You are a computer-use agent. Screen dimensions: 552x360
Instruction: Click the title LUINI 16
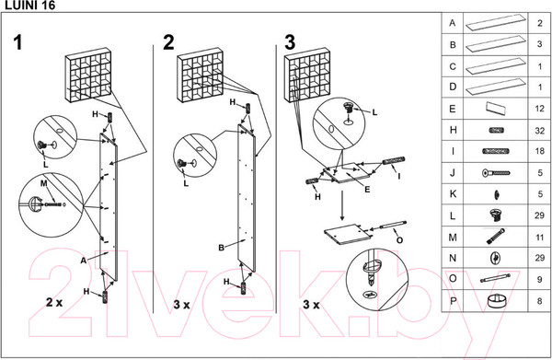pos(29,5)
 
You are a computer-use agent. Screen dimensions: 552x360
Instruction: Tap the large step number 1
pos(18,42)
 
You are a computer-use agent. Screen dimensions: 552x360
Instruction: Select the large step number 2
pos(168,42)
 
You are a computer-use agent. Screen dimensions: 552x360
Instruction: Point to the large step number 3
pos(290,42)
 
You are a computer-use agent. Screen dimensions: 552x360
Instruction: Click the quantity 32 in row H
pos(540,131)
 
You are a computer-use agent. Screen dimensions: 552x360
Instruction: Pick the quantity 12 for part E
pos(540,109)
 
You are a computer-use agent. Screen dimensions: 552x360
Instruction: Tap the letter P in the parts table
pos(453,301)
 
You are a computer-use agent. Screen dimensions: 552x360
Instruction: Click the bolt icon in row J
pos(496,173)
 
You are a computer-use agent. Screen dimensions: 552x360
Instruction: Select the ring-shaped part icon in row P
pos(497,301)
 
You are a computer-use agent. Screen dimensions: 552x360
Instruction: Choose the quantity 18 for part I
pos(540,151)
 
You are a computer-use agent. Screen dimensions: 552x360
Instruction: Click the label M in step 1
pos(43,183)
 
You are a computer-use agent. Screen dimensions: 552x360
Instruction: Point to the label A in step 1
pos(83,261)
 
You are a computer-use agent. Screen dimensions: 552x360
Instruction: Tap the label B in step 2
pos(221,248)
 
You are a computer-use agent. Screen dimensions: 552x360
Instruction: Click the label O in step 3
pos(399,240)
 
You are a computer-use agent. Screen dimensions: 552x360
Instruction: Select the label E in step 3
pos(367,190)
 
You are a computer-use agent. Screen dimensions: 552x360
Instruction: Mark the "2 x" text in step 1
pos(54,302)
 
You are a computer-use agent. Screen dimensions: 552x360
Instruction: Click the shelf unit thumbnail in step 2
pos(200,75)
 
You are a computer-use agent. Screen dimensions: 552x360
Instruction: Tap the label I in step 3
pos(398,175)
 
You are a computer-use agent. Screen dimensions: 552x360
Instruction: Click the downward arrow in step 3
pos(342,205)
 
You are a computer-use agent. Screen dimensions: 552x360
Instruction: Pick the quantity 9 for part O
pos(540,279)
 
